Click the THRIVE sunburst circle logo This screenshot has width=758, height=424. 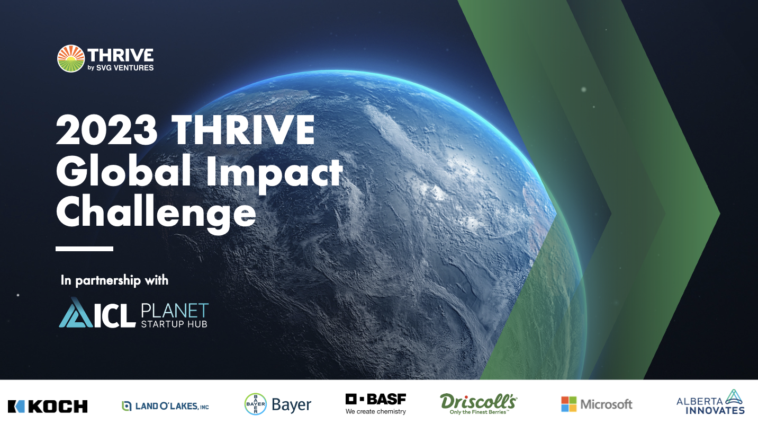coord(71,59)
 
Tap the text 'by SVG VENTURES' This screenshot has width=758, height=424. coord(121,68)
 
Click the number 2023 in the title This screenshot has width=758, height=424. coord(107,130)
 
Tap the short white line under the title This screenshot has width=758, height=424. coord(84,249)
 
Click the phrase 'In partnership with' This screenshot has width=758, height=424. coord(114,280)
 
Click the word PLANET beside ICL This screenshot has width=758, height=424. coord(175,311)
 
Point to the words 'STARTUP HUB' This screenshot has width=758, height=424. coord(174,324)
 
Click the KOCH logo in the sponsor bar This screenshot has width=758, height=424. coord(48,407)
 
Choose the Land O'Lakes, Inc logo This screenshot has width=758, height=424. coord(165,405)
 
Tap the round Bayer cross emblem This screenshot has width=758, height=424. coord(256,404)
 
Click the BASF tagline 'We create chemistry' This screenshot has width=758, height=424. coord(376,411)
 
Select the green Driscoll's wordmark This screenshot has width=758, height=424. coord(479,402)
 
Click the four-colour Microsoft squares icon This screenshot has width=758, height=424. coord(569,404)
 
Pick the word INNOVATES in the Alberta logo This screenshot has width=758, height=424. coord(715,410)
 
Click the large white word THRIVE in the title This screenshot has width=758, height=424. coord(243,130)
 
